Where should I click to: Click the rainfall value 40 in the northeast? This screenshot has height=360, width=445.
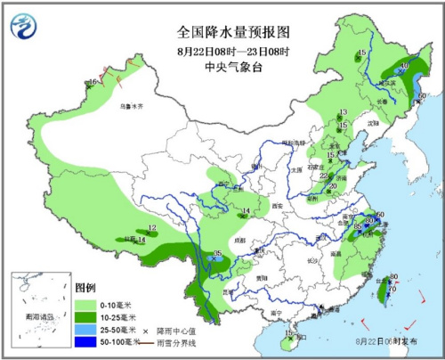click(x=404, y=66)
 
